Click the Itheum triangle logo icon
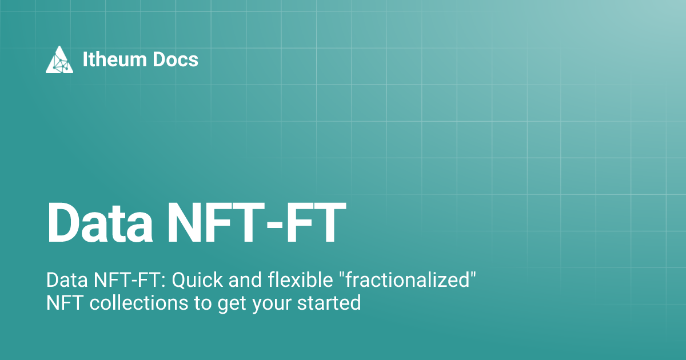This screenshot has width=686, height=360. pyautogui.click(x=59, y=59)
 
